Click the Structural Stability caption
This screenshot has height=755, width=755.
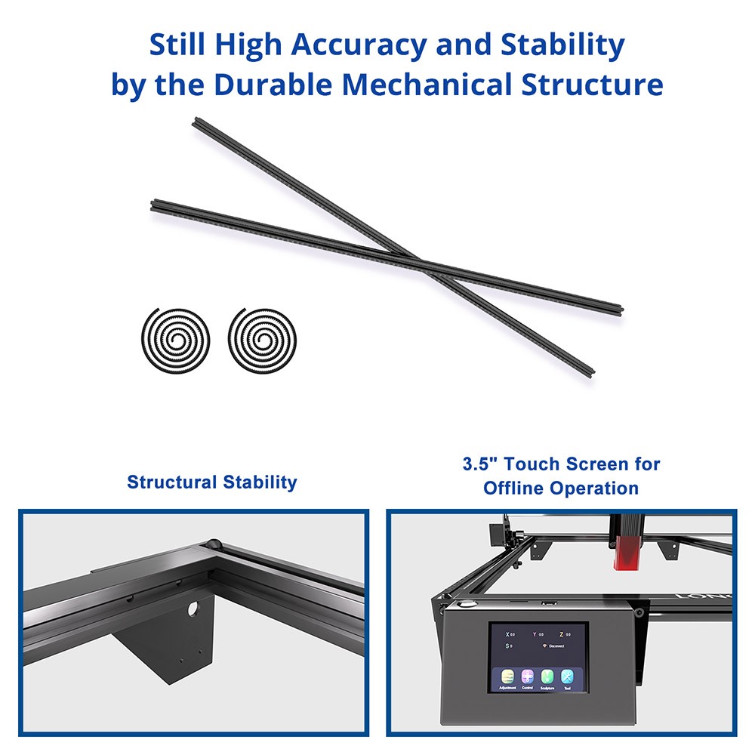coord(212,482)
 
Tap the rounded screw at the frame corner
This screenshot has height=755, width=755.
coord(214,543)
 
